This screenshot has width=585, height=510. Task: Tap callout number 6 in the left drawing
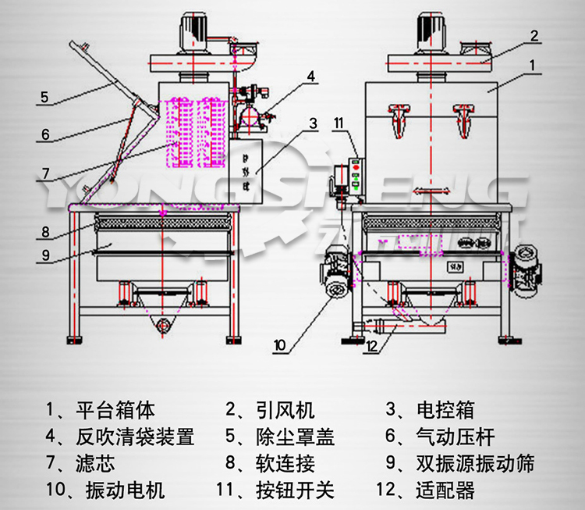[x=44, y=134]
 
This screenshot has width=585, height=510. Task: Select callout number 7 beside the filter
[x=45, y=173]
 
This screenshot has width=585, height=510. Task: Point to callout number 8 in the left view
[x=45, y=232]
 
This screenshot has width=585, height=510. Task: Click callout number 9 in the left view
[x=45, y=255]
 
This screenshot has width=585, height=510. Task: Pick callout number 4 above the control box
[x=310, y=77]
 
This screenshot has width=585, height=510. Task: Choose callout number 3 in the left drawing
[x=312, y=123]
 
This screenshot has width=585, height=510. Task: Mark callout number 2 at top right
[x=534, y=35]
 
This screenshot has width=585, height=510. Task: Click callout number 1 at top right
[x=532, y=67]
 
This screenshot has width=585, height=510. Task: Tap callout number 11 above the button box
[x=338, y=122]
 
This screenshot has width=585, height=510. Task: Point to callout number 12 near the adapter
[x=373, y=346]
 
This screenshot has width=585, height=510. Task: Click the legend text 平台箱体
[x=116, y=410]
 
